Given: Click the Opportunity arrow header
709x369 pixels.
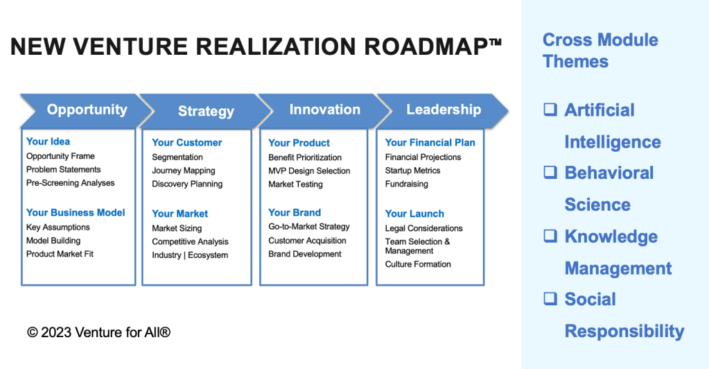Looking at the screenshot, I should tap(87, 110).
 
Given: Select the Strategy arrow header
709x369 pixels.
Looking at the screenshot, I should tap(206, 111).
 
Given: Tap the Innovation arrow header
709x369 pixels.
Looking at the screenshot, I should tap(324, 110).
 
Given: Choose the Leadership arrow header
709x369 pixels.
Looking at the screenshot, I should tap(444, 110).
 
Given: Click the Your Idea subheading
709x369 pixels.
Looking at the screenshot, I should tap(48, 141).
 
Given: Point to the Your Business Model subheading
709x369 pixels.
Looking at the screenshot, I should tap(76, 212).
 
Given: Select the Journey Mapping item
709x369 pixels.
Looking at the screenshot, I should tap(184, 171).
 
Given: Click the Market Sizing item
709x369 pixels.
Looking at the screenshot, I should tap(177, 228).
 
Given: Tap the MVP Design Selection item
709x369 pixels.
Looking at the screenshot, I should tap(309, 171).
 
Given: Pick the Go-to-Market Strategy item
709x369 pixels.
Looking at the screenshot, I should tap(309, 227).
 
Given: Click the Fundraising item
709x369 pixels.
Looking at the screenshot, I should tap(407, 184).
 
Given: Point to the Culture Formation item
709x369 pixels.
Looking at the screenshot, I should tap(418, 264).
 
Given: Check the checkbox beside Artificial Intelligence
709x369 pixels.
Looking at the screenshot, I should tap(550, 110).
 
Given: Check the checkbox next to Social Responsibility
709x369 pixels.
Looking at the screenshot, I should tap(550, 299).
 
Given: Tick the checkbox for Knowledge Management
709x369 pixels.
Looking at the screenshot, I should tap(550, 236).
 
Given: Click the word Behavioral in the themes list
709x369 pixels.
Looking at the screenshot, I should tap(609, 173).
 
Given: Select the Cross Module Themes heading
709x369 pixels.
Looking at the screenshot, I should tap(600, 50).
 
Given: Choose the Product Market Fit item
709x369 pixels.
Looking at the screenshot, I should tap(60, 254).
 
